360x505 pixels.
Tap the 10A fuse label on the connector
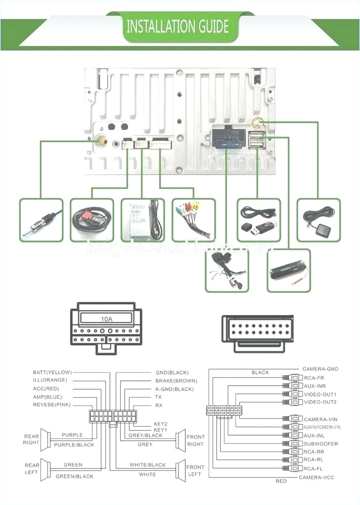(106, 320)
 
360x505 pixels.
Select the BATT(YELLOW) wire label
(52, 372)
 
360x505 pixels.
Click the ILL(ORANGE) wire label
(49, 380)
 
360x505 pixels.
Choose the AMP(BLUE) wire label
(47, 397)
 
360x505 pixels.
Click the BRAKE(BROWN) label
(176, 381)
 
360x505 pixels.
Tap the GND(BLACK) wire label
(172, 372)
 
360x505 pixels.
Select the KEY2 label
(161, 424)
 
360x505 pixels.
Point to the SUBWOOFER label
(321, 444)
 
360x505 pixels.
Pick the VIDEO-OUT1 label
(320, 394)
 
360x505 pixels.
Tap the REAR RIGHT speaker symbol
(46, 439)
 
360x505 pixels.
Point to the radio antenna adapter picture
(42, 220)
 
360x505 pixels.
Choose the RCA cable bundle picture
(193, 220)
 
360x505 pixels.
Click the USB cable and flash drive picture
(259, 220)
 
